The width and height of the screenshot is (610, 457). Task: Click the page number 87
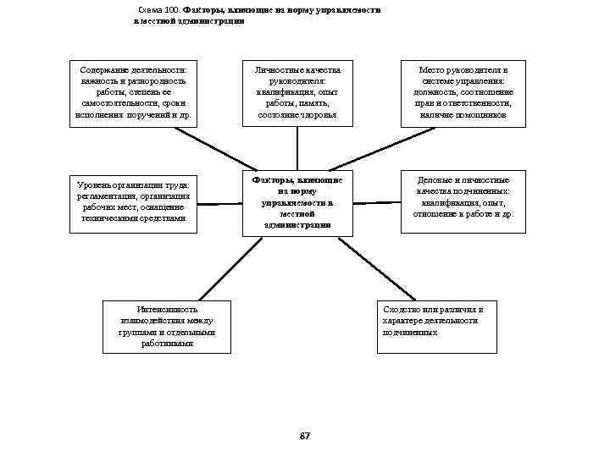(x=305, y=435)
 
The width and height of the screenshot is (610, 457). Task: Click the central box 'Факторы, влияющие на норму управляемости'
(x=297, y=202)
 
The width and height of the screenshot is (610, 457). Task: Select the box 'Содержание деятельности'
(x=132, y=92)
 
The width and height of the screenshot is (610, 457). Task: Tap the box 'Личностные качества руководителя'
(x=297, y=92)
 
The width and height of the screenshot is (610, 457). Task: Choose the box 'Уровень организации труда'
(x=133, y=201)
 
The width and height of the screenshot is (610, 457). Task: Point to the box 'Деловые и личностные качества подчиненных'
(x=463, y=197)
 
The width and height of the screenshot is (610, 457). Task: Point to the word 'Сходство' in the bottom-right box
(x=402, y=310)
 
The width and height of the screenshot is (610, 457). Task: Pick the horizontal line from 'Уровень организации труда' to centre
(x=215, y=204)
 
